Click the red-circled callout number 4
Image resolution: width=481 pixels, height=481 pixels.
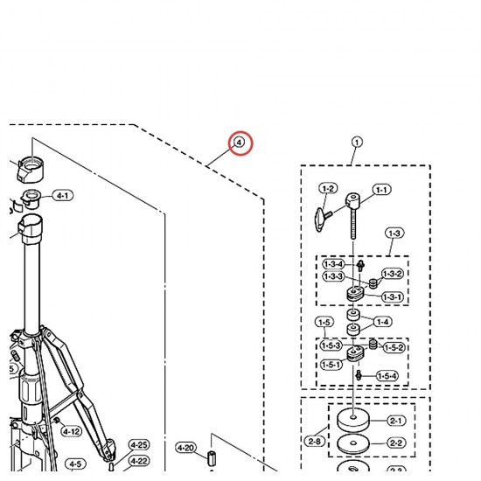pos(240,143)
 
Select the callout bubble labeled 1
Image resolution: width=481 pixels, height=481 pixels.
pos(357,143)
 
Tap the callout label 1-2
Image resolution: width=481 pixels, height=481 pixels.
pos(328,189)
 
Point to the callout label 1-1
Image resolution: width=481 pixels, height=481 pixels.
pos(382,190)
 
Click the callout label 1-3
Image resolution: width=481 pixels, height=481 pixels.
pos(394,234)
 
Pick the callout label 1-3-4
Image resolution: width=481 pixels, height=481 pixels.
pos(334,264)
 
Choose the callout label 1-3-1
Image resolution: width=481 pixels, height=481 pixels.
pos(393,297)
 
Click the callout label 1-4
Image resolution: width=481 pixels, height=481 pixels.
pos(382,322)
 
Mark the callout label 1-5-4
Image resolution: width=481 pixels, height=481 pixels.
pos(387,376)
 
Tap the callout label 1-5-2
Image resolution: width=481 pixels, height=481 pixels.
pos(394,348)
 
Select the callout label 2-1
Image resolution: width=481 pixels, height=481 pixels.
pos(396,421)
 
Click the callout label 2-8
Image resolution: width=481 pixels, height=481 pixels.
pos(315,442)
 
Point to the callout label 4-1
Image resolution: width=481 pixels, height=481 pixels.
pos(63,195)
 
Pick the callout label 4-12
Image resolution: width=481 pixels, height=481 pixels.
pos(72,432)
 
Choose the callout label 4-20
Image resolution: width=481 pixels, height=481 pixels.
pos(186,448)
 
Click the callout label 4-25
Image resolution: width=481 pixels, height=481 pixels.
pos(139,445)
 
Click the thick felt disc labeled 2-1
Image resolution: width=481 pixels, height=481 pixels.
pos(353,421)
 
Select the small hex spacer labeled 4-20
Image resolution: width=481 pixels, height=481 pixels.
pos(212,458)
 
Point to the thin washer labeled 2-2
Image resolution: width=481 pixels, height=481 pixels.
pos(353,444)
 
